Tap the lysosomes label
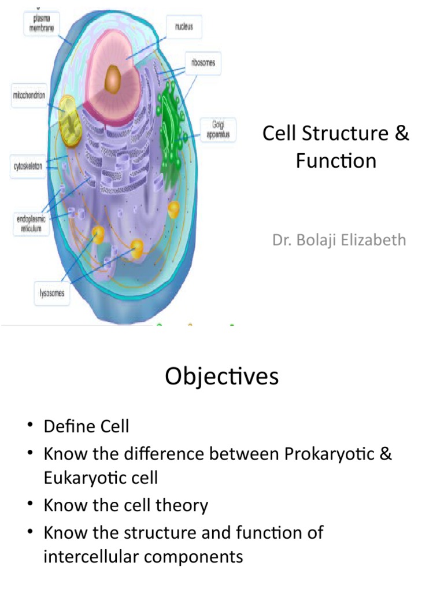(x=51, y=294)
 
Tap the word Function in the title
(x=336, y=161)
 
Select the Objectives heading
(x=221, y=377)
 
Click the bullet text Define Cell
(x=86, y=427)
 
